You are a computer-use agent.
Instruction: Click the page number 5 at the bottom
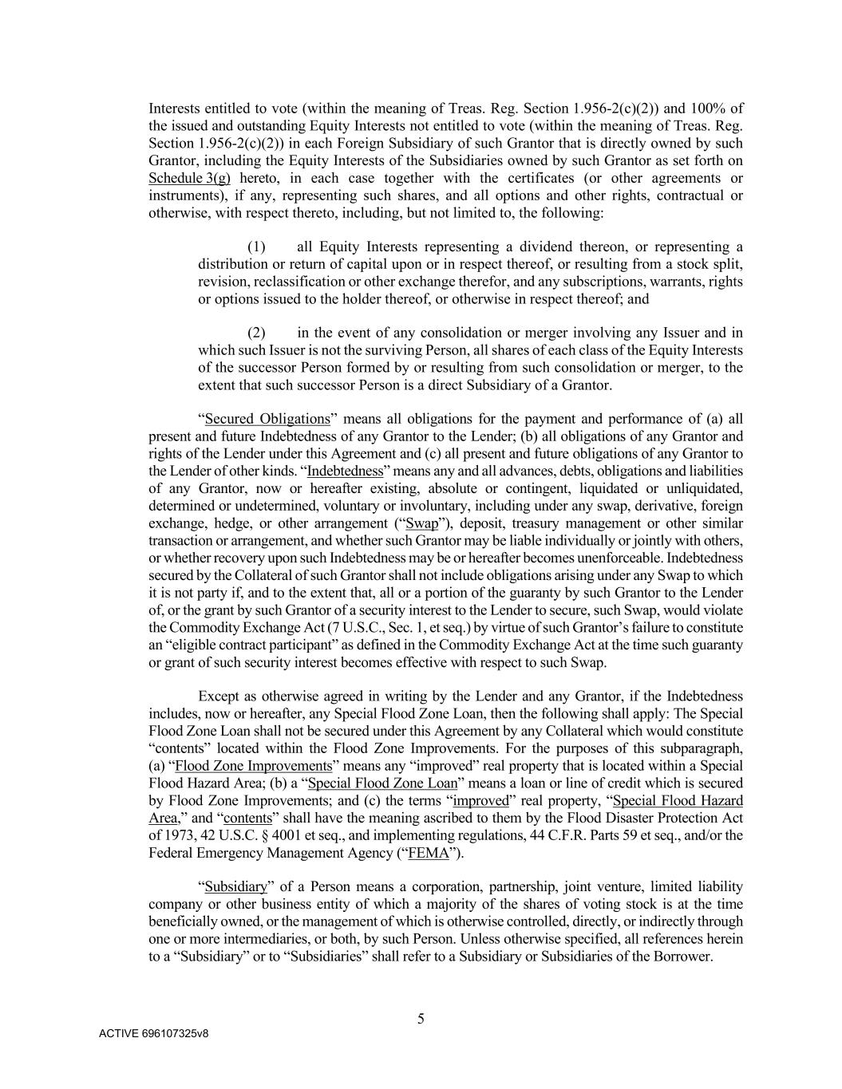(421, 1019)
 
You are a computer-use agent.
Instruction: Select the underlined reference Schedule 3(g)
(189, 179)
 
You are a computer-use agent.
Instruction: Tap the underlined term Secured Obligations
(267, 419)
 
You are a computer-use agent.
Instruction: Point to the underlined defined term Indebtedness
(345, 471)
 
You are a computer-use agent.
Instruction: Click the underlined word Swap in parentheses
(421, 523)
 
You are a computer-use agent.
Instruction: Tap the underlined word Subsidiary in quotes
(235, 887)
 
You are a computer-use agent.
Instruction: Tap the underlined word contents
(247, 819)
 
